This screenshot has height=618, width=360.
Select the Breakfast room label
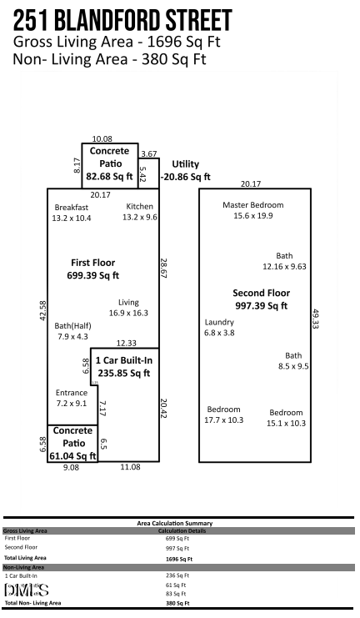pos(71,212)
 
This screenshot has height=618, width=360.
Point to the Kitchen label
pos(139,212)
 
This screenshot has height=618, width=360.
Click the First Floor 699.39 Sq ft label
pos(93,268)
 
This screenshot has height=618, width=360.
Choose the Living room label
pos(127,308)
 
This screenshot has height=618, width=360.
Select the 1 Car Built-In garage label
pos(122,367)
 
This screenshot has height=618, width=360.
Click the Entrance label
pos(71,398)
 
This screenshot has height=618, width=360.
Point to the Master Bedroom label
pos(253,210)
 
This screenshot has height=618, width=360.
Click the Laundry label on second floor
pos(219,327)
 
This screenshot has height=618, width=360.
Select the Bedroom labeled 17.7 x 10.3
pos(224,415)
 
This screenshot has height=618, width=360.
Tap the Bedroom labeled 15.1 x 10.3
pos(286,418)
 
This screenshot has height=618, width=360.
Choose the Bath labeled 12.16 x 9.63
pos(285,262)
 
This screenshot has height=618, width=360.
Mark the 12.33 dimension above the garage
pos(126,343)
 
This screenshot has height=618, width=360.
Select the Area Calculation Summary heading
pos(174,523)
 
